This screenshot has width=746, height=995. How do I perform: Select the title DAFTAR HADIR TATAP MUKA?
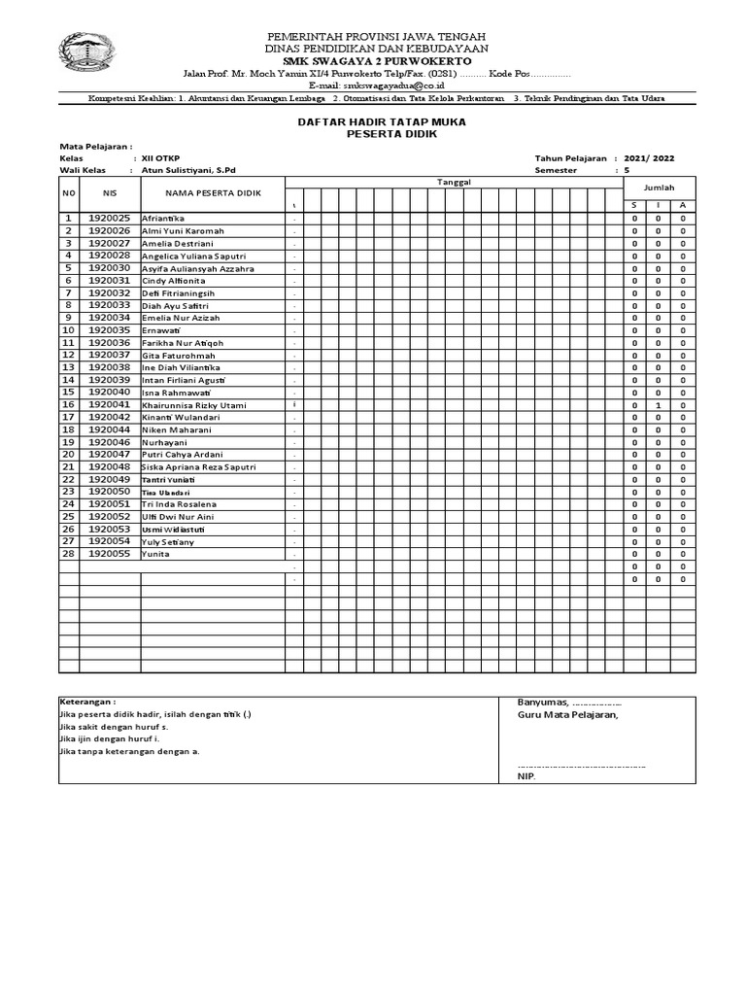381,121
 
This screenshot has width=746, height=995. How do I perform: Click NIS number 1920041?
109,404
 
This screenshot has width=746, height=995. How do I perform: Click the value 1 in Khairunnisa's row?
659,405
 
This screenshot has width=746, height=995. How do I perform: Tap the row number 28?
69,553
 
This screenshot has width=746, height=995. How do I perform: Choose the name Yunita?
155,554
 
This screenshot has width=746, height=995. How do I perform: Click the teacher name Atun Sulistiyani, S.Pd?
188,170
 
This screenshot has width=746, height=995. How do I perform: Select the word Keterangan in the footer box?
87,701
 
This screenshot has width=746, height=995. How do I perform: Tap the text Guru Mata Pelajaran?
567,715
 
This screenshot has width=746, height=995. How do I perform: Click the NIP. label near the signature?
526,776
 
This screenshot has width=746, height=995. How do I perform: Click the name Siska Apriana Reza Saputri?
198,466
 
